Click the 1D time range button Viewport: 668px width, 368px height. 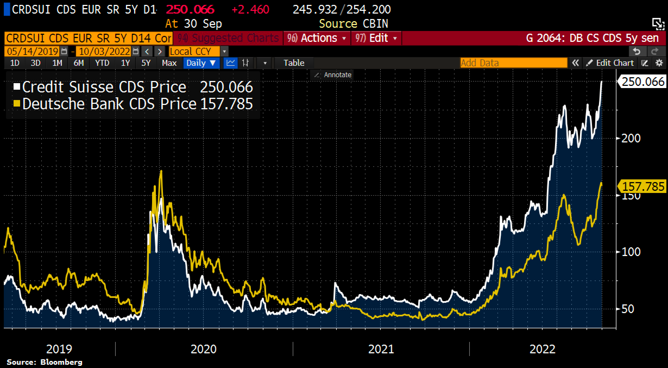(15, 63)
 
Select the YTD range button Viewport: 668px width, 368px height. (102, 63)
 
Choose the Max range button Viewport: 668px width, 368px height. (169, 63)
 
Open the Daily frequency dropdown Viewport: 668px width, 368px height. (201, 63)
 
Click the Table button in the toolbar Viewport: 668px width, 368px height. (294, 63)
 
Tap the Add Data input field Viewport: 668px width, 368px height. (513, 63)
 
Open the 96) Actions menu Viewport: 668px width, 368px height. (317, 38)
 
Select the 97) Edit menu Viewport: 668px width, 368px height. (376, 38)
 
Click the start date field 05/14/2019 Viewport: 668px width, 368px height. (33, 51)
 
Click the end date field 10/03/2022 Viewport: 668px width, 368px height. (105, 51)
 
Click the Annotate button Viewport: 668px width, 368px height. (334, 75)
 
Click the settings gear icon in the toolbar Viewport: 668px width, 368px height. (659, 63)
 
